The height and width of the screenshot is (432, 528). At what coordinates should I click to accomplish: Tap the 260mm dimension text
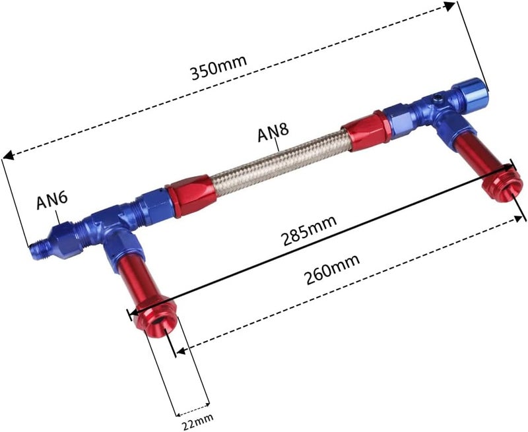coord(332,268)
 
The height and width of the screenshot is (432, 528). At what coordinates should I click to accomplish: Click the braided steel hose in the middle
coord(277,156)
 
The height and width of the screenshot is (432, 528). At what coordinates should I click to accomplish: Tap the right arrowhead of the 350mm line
coord(451,6)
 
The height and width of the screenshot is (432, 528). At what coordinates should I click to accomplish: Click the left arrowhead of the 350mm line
coord(8,156)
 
